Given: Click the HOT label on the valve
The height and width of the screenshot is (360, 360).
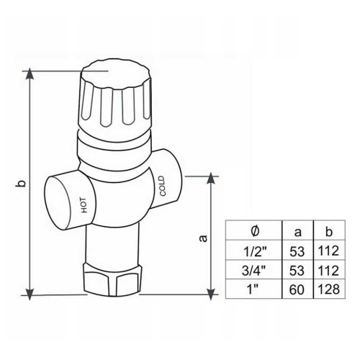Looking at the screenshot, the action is (x=84, y=205).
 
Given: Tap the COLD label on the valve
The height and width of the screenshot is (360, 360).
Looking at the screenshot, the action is (x=162, y=186).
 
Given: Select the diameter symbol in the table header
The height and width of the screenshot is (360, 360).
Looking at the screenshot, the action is (x=255, y=231).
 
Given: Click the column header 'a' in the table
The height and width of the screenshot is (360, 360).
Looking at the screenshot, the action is (x=297, y=232).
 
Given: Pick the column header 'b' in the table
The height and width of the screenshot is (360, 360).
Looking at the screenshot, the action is (x=329, y=231).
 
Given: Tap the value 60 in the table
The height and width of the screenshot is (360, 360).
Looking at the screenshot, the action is (x=297, y=289).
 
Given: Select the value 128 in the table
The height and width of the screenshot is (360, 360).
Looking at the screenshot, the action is (x=328, y=289).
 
